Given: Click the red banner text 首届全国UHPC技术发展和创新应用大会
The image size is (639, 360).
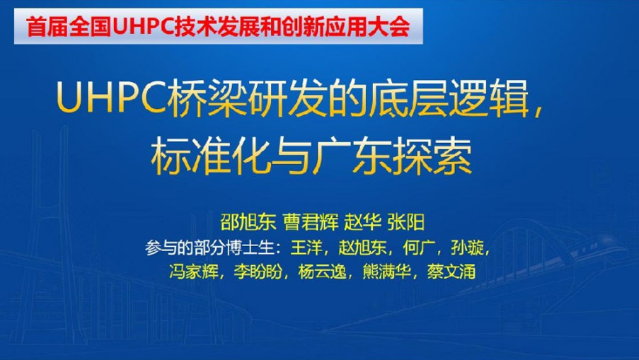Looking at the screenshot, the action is pyautogui.click(x=218, y=26).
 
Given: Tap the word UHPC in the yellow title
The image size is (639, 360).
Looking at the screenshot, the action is pyautogui.click(x=111, y=98).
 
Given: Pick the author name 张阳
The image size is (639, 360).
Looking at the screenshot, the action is pyautogui.click(x=405, y=222).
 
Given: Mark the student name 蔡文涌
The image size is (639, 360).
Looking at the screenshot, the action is pyautogui.click(x=451, y=272).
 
